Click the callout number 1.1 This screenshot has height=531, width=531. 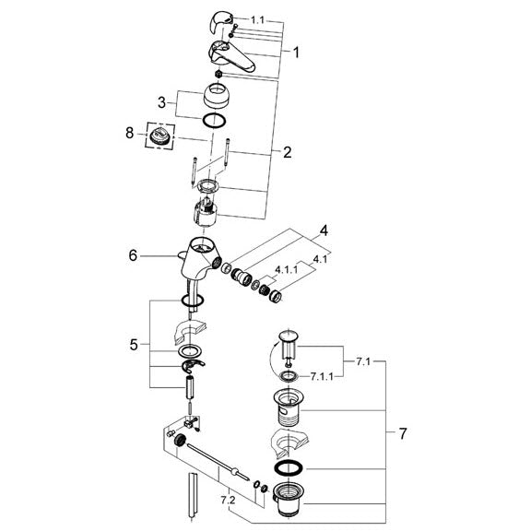257,20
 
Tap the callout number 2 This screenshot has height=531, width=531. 288,152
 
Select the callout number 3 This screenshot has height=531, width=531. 162,102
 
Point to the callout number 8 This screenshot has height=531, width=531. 130,133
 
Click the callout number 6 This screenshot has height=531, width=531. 133,256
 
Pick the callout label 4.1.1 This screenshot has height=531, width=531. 286,270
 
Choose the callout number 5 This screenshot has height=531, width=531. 134,345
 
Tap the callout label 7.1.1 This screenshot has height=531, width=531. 322,376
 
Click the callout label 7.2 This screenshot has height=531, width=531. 228,501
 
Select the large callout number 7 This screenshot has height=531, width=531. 402,434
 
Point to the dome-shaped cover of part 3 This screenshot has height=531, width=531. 218,95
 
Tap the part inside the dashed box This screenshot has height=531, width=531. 159,135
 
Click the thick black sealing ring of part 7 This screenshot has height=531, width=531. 288,467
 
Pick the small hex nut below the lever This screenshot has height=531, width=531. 219,74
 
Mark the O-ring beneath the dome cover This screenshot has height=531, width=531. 214,121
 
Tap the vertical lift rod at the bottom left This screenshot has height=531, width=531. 192,495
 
